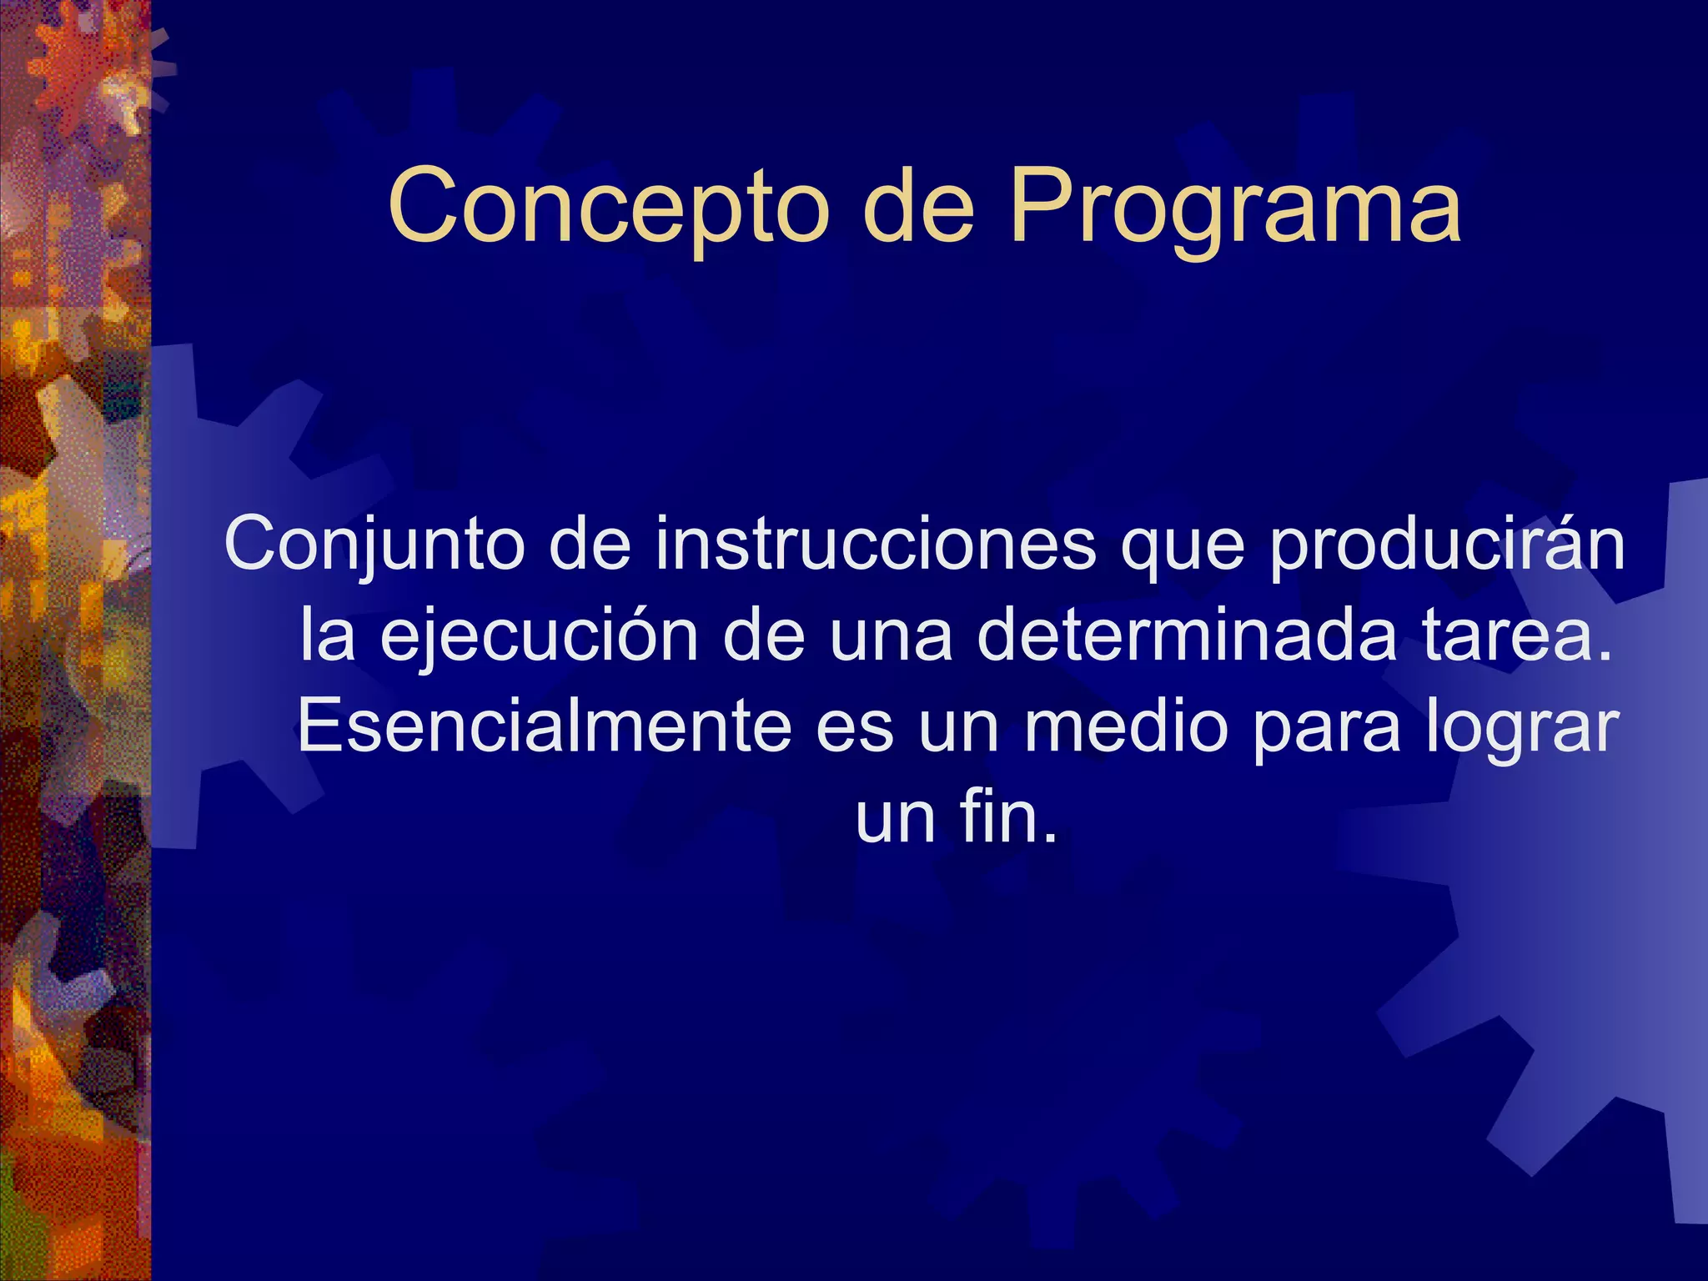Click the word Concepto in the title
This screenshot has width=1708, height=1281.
pos(609,207)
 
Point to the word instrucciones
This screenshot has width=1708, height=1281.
pos(874,544)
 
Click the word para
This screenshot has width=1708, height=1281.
pos(1326,732)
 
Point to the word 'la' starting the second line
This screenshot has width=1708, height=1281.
pos(327,635)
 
